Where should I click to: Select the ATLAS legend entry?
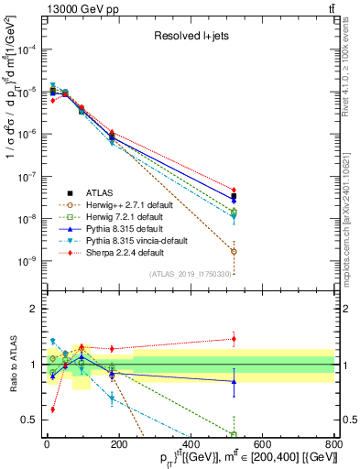click(x=97, y=192)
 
